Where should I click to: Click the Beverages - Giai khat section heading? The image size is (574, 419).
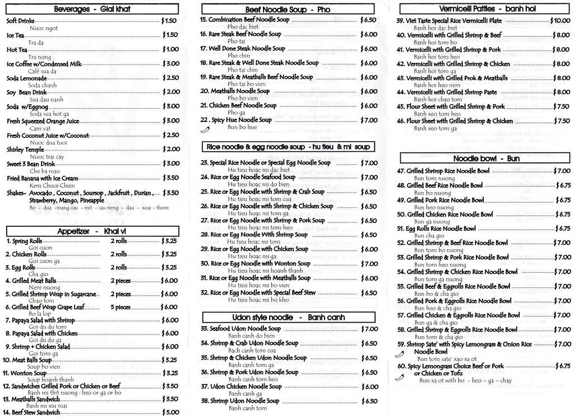pos(92,9)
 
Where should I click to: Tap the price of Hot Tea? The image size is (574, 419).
pos(170,49)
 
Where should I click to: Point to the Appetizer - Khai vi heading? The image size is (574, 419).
pos(92,231)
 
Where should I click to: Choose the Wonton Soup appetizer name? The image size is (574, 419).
pos(26,373)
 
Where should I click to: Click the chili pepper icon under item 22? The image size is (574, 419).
pos(205,129)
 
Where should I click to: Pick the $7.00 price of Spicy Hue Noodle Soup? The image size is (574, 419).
pos(368,120)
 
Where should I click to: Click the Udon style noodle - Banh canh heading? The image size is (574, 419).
pos(288,318)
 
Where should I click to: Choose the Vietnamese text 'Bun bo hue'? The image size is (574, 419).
pos(242,127)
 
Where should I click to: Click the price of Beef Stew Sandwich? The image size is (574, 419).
pos(170,412)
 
